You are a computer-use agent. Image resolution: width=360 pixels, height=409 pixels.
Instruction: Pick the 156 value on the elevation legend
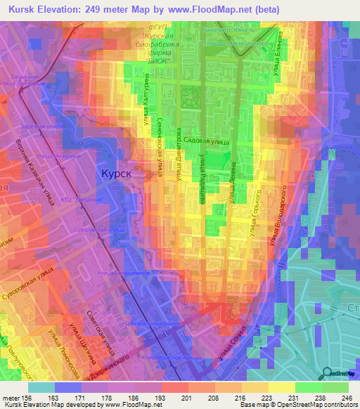[25, 397]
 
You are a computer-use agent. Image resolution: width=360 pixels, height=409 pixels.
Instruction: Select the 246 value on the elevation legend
[347, 397]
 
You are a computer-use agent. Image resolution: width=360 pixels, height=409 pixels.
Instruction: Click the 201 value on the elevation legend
[186, 397]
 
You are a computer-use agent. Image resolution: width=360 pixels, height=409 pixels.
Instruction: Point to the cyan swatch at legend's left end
[41, 387]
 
